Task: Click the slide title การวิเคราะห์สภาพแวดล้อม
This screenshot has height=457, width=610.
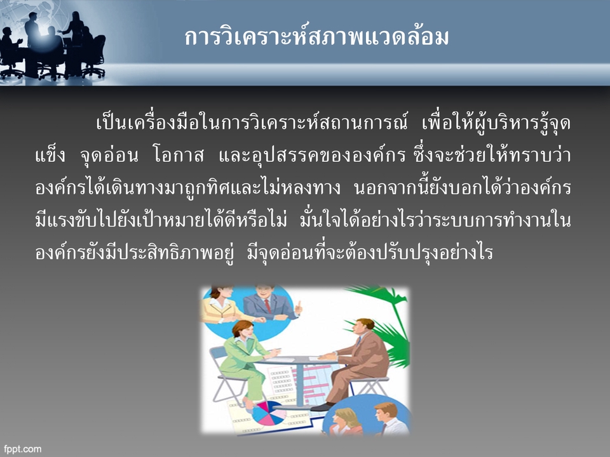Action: point(316,37)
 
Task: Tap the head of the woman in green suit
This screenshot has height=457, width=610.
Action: point(242,330)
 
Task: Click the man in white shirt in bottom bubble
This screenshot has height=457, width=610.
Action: point(384,419)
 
